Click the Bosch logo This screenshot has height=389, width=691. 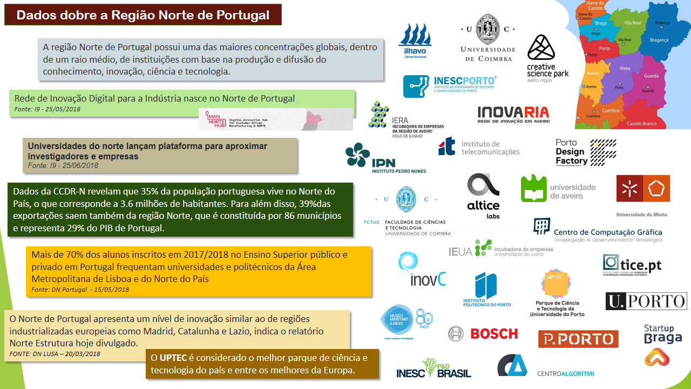pos(483,333)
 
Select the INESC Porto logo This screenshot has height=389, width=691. pos(450,86)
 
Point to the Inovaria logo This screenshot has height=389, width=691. pos(513,115)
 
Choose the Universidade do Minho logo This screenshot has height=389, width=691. pos(642,195)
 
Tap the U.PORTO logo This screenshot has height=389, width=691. pos(646,301)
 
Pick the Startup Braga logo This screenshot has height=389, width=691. pos(659,345)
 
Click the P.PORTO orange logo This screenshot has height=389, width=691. pos(578,339)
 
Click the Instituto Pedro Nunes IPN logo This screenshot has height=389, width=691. pos(385,158)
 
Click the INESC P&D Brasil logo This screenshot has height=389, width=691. pos(433,368)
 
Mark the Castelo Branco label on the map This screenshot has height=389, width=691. pos(641,124)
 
